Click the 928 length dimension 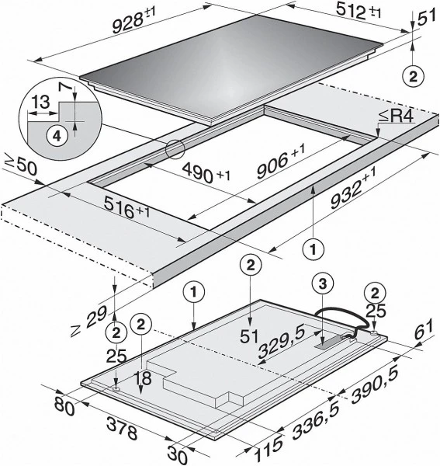(x=133, y=19)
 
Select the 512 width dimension (x=358, y=12)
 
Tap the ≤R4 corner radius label (x=397, y=116)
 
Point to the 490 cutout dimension (x=206, y=173)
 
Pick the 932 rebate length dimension (x=353, y=188)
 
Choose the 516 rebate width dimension (x=126, y=208)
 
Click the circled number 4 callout (x=57, y=137)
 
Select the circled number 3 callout (x=323, y=284)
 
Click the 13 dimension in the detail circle (x=40, y=102)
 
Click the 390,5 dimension (x=375, y=386)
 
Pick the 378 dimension (x=122, y=428)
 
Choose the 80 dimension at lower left (x=64, y=407)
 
